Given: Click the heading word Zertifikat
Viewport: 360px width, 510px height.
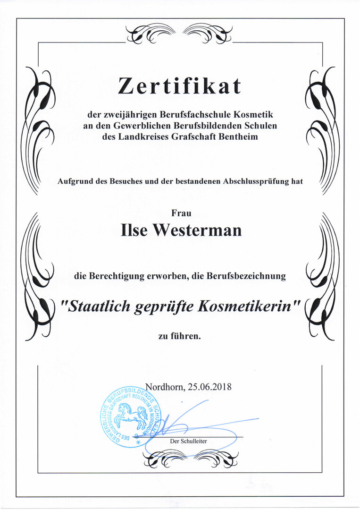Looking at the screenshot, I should pyautogui.click(x=179, y=86).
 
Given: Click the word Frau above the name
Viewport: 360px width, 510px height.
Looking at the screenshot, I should pyautogui.click(x=181, y=213).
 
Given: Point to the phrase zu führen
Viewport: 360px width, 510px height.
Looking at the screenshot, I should pyautogui.click(x=180, y=337).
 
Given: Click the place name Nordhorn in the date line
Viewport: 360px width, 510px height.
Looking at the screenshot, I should pyautogui.click(x=165, y=386).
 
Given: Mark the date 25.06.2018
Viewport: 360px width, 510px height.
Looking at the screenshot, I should pyautogui.click(x=209, y=386).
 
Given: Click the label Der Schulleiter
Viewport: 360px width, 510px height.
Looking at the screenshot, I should pyautogui.click(x=189, y=441).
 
